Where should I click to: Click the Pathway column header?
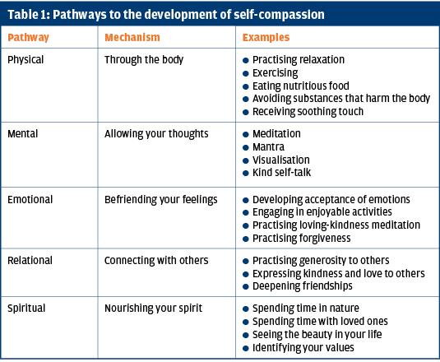(x=28, y=38)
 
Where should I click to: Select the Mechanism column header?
(x=132, y=37)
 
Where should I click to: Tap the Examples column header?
(x=266, y=38)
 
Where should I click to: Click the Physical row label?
(x=25, y=60)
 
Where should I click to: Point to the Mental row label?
(x=23, y=133)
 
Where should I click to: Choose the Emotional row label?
(x=30, y=200)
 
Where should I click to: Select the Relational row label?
(x=30, y=261)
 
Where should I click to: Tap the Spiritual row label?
(x=26, y=309)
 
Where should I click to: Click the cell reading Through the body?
(x=144, y=60)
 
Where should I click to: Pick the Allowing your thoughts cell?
(x=156, y=134)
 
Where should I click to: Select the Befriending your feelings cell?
(x=161, y=200)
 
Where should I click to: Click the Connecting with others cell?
(x=156, y=261)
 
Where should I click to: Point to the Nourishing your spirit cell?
(x=153, y=309)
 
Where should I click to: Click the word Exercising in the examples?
(x=276, y=73)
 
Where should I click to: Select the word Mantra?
(x=269, y=146)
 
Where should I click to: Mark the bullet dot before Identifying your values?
(x=246, y=349)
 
